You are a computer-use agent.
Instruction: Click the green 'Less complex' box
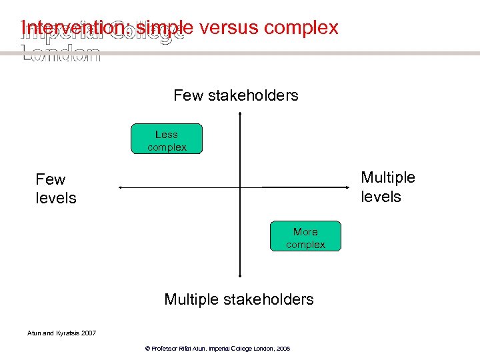point(167,139)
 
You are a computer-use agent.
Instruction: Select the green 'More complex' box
point(305,237)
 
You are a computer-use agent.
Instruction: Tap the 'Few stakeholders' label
point(236,95)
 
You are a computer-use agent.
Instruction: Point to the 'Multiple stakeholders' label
point(239,299)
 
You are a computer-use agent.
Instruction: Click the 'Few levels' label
point(56,189)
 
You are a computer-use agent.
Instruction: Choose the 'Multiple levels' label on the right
point(388,187)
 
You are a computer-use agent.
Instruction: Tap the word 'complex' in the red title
point(301,28)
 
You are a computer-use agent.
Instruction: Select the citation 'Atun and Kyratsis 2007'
point(61,333)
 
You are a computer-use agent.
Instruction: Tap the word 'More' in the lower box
point(305,231)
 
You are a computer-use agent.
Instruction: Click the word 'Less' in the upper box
point(167,134)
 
